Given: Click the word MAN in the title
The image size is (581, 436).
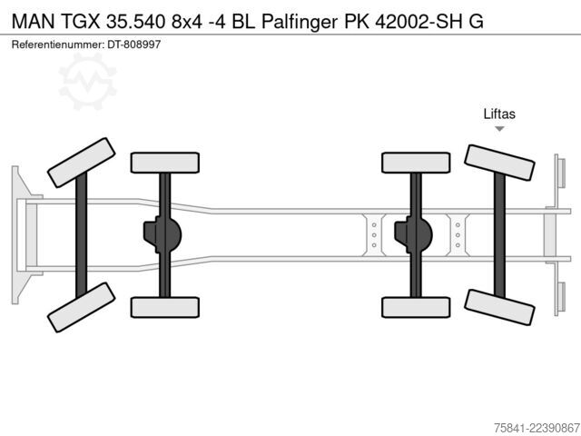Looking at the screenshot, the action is tap(34, 22).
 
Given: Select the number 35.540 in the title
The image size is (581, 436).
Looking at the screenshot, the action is tap(135, 22).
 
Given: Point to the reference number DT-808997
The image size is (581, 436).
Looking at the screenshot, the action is tap(134, 45).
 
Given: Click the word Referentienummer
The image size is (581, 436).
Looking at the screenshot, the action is tap(58, 45).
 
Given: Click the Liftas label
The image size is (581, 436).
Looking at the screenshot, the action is tap(499, 114).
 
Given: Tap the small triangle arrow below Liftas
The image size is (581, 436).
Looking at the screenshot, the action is tap(499, 129).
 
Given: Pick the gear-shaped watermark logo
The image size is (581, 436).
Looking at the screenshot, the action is tap(87, 82).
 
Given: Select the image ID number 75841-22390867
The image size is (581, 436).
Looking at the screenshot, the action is tap(537, 428).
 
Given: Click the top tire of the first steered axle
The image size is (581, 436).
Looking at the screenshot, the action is tap(82, 163).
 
